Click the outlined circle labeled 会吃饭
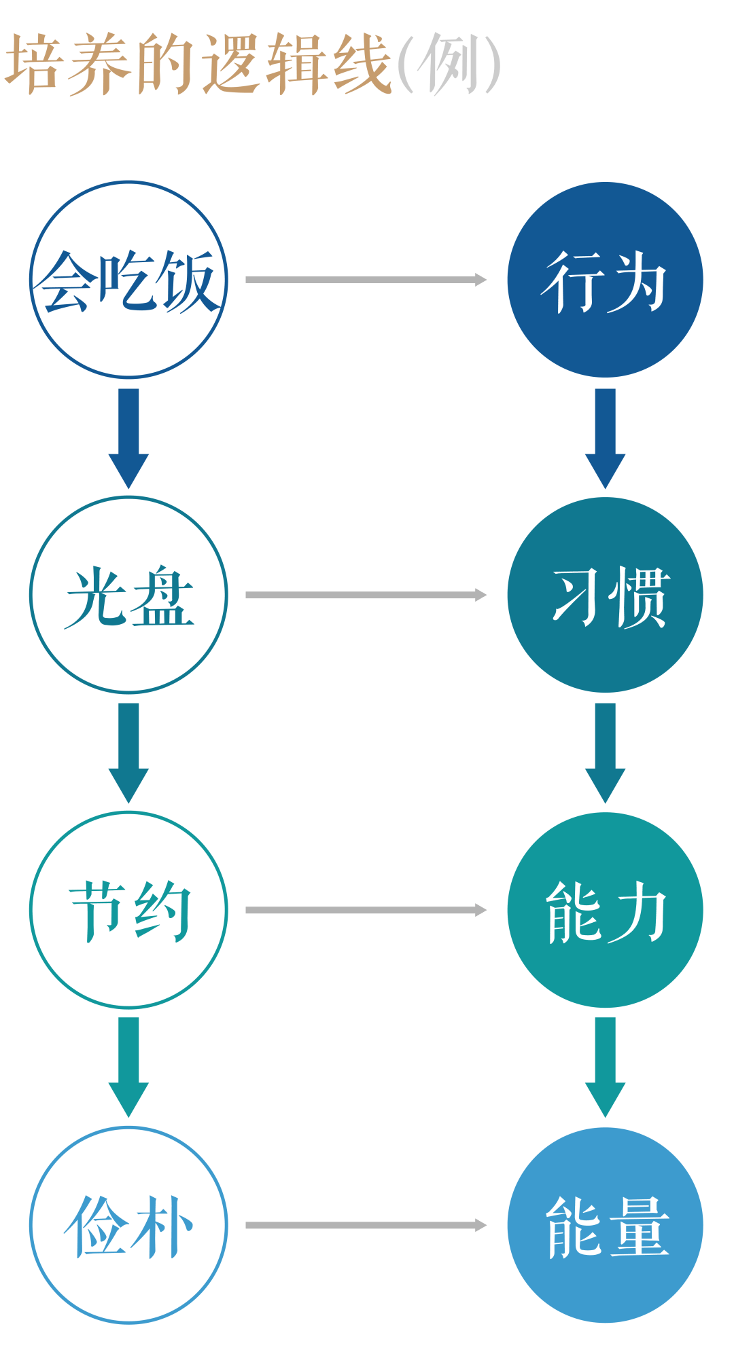click(128, 279)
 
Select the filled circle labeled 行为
click(605, 279)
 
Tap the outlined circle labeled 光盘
click(128, 595)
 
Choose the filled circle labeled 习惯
click(605, 595)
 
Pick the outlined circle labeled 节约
click(128, 910)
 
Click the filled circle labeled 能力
click(605, 910)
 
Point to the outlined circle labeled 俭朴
click(128, 1225)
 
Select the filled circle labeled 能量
click(605, 1225)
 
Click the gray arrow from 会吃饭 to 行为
click(366, 279)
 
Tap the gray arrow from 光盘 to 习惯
click(366, 595)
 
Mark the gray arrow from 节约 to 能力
click(366, 910)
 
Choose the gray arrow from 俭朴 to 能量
click(366, 1225)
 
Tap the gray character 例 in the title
click(449, 65)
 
